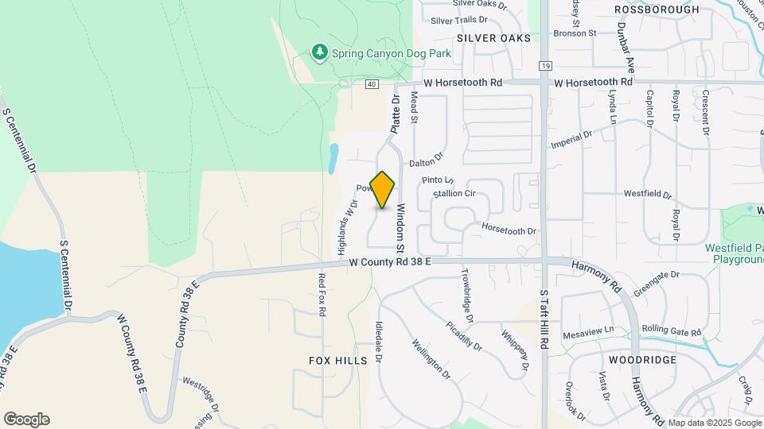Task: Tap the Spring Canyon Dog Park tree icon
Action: point(320,52)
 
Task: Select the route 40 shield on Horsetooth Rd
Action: point(372,83)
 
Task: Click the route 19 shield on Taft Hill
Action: point(544,66)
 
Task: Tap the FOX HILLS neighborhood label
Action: point(338,360)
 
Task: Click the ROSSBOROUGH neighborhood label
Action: point(668,10)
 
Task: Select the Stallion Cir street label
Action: point(454,193)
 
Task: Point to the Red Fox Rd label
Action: point(322,296)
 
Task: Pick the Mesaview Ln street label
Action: point(589,329)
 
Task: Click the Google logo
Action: point(26,419)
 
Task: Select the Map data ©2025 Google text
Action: point(714,423)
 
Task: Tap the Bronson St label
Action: point(575,33)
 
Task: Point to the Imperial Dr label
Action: point(571,140)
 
